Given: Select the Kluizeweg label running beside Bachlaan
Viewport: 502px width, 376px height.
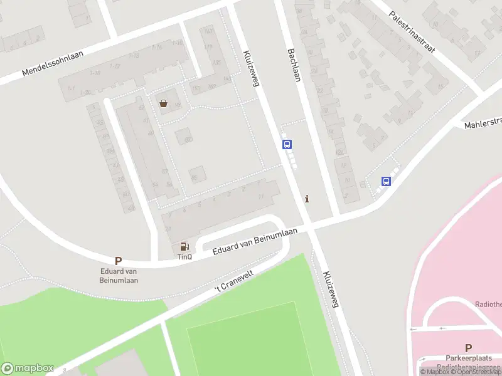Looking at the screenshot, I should click(x=252, y=68).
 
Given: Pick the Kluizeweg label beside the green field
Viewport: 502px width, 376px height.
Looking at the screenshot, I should click(x=331, y=290).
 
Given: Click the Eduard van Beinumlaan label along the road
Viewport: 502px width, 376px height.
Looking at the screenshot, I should click(x=254, y=242).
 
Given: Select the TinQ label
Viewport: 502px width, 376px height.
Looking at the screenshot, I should click(x=184, y=256).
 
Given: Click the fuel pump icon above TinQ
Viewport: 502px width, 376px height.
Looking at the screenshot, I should click(x=184, y=247).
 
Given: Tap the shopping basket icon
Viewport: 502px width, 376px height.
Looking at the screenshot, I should click(x=164, y=103).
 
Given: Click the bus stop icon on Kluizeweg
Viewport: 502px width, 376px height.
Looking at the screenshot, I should click(x=287, y=144).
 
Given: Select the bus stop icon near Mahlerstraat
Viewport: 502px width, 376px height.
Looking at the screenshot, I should click(x=386, y=182).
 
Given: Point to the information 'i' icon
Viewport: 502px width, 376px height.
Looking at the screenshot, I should click(x=307, y=199).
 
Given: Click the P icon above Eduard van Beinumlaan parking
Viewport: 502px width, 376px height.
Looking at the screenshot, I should click(x=118, y=261).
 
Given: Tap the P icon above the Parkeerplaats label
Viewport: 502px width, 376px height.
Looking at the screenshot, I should click(x=468, y=348).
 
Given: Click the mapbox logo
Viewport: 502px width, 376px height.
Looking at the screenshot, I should click(x=27, y=368).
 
